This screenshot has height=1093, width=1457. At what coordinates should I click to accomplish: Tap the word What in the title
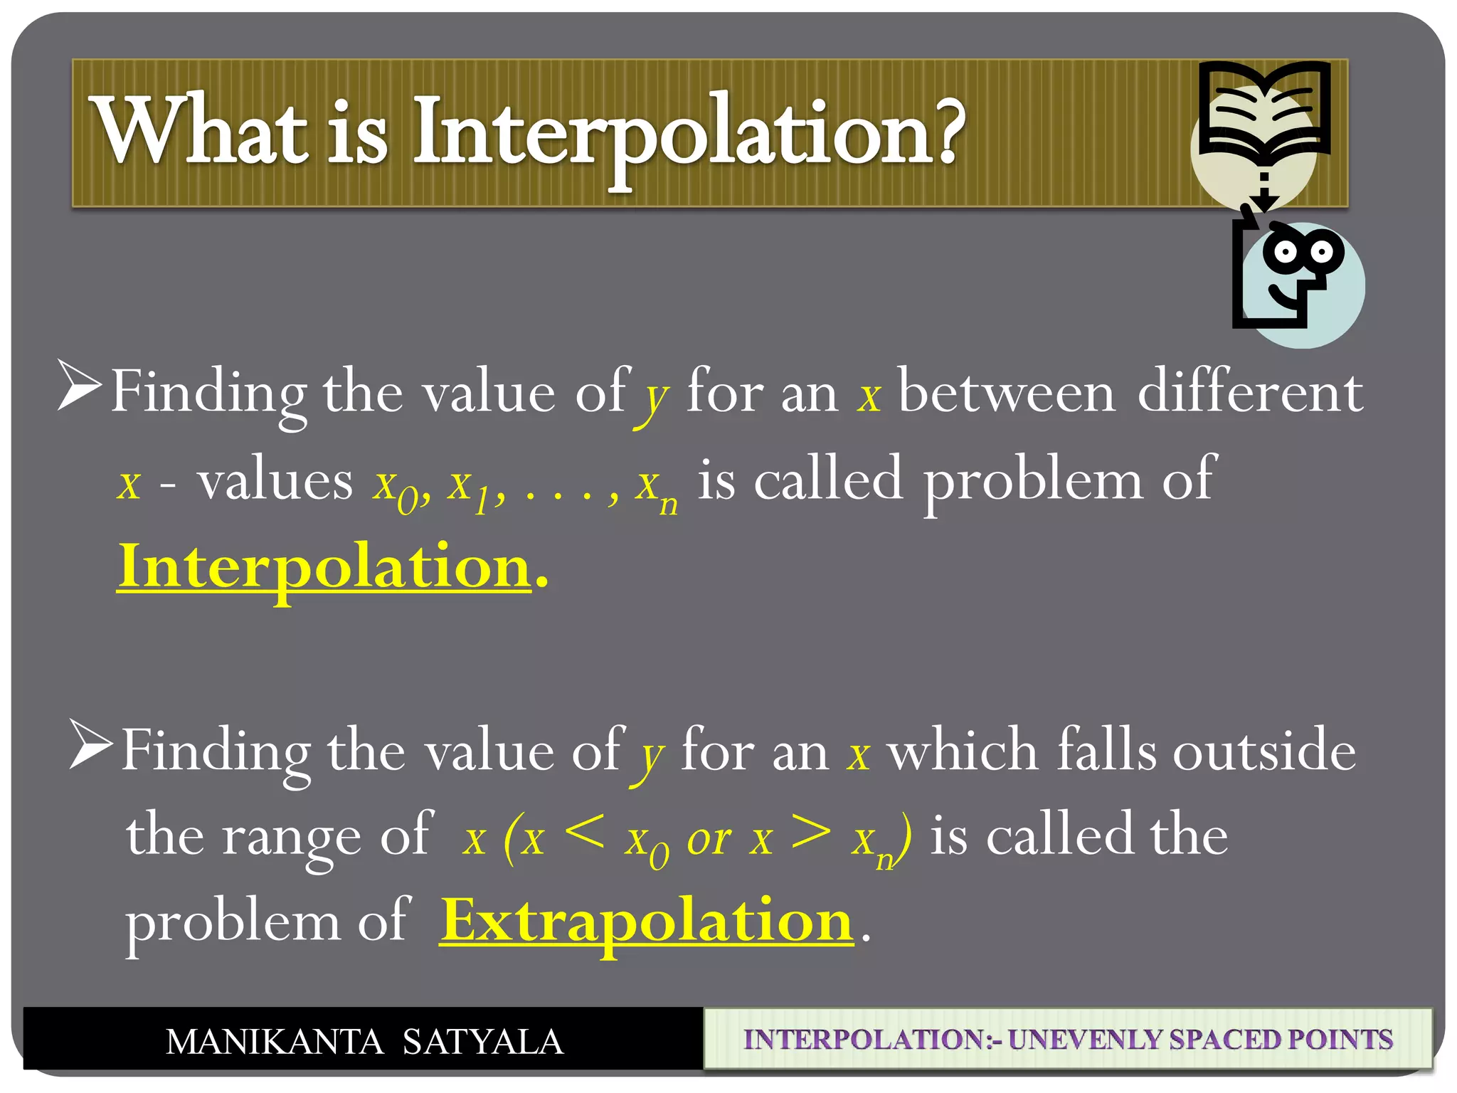click(x=201, y=132)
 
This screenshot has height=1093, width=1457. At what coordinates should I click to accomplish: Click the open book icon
click(x=1264, y=110)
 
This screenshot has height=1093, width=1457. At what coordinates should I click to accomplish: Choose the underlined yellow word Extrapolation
click(x=646, y=921)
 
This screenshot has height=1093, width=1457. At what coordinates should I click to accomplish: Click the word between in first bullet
click(x=1006, y=393)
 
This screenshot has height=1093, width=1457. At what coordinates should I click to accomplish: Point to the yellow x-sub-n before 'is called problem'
click(x=656, y=487)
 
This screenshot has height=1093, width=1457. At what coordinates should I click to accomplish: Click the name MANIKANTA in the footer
click(x=275, y=1042)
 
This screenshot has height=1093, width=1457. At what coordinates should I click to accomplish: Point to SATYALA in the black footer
click(x=483, y=1042)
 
